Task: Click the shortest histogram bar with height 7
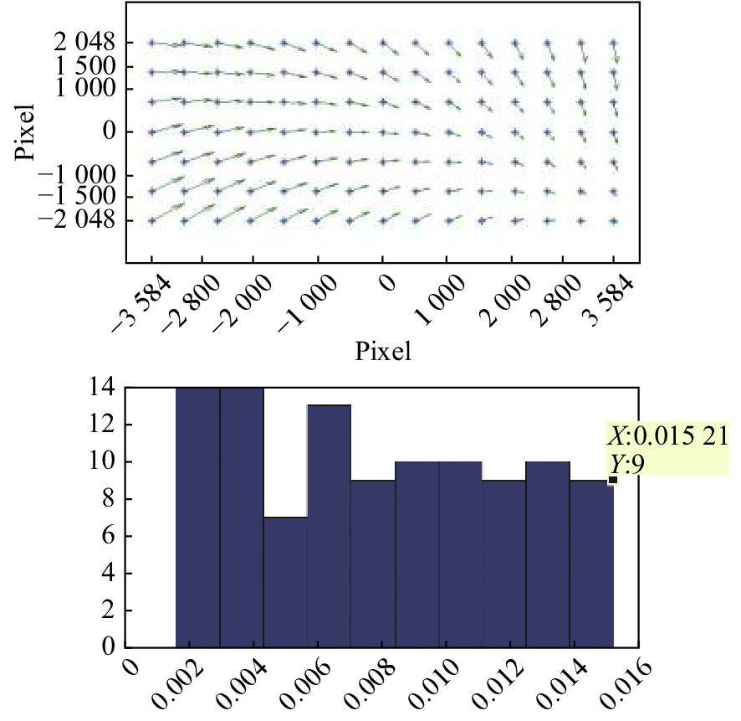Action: (x=285, y=582)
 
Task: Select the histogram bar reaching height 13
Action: (x=329, y=526)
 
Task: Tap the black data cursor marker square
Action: (x=613, y=480)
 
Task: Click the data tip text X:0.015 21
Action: (x=667, y=436)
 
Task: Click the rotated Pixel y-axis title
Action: (x=25, y=131)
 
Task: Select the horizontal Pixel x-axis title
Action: (x=383, y=351)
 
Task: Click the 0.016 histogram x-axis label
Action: (x=619, y=682)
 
